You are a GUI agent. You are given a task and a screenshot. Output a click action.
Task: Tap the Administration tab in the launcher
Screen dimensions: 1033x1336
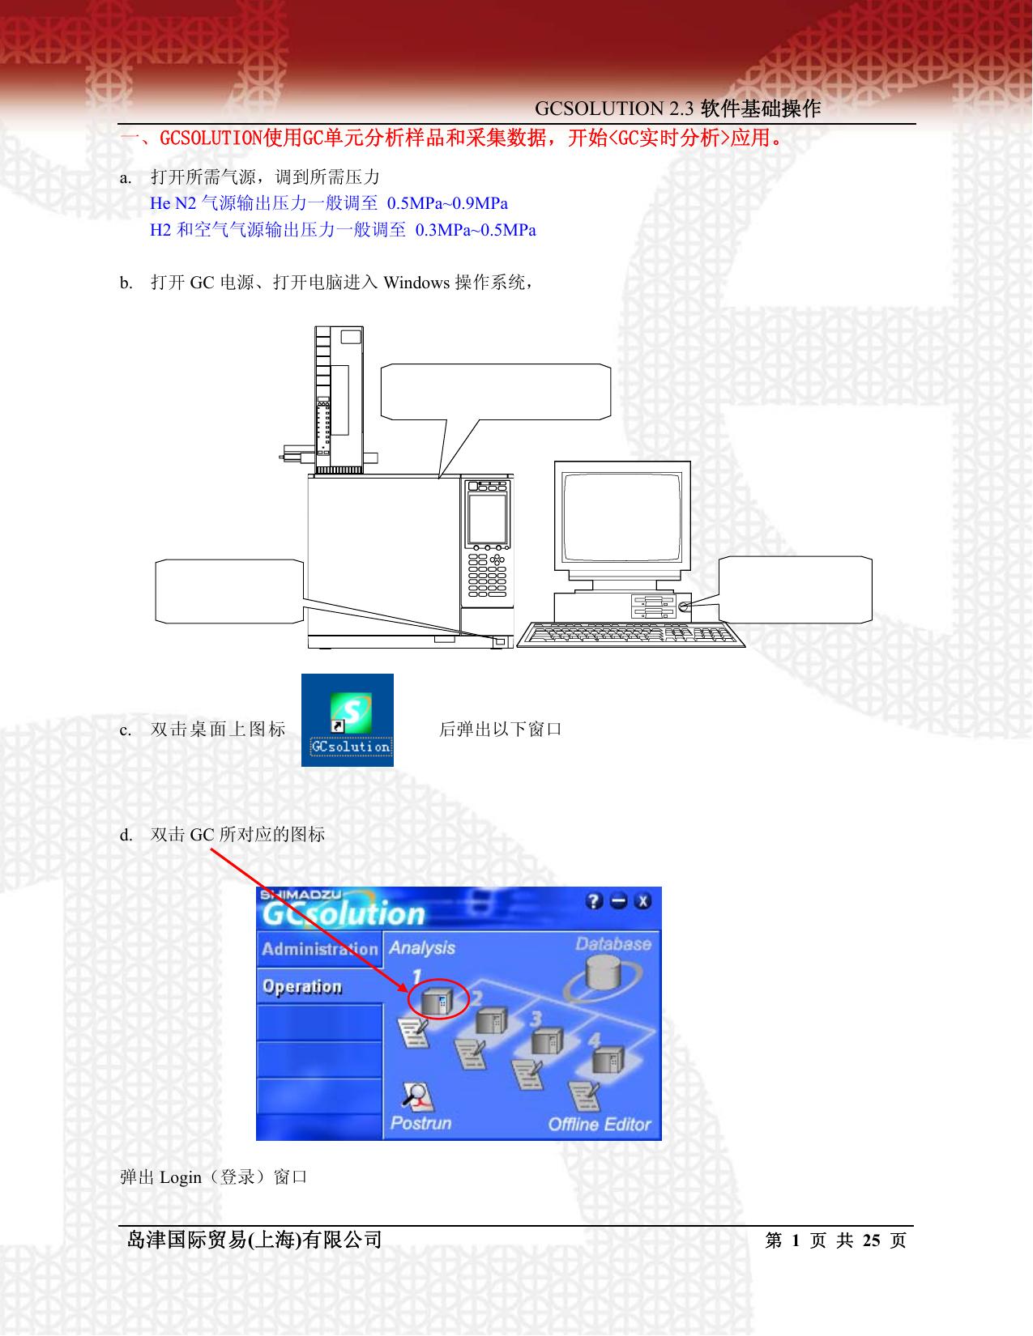click(320, 949)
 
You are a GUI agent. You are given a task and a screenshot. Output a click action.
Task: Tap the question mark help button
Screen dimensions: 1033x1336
click(594, 901)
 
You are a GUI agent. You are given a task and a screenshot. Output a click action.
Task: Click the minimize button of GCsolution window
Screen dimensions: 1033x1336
click(618, 901)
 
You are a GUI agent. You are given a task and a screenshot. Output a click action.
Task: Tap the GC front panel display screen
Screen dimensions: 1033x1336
click(487, 518)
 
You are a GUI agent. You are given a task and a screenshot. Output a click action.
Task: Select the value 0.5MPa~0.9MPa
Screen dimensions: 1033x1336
click(447, 203)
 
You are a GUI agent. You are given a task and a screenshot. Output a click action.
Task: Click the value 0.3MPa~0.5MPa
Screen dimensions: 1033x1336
click(476, 230)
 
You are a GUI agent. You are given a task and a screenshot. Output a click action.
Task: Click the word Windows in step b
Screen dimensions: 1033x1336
click(416, 283)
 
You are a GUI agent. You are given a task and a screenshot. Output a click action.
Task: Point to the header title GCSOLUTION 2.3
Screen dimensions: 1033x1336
click(614, 108)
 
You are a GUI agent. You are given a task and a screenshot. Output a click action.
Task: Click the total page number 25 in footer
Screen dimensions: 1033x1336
click(871, 1240)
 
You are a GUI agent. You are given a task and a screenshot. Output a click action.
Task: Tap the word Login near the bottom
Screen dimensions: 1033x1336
click(180, 1177)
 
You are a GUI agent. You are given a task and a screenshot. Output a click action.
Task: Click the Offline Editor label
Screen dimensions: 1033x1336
click(600, 1125)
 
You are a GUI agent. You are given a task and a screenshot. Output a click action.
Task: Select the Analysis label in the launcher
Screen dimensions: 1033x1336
click(422, 948)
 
